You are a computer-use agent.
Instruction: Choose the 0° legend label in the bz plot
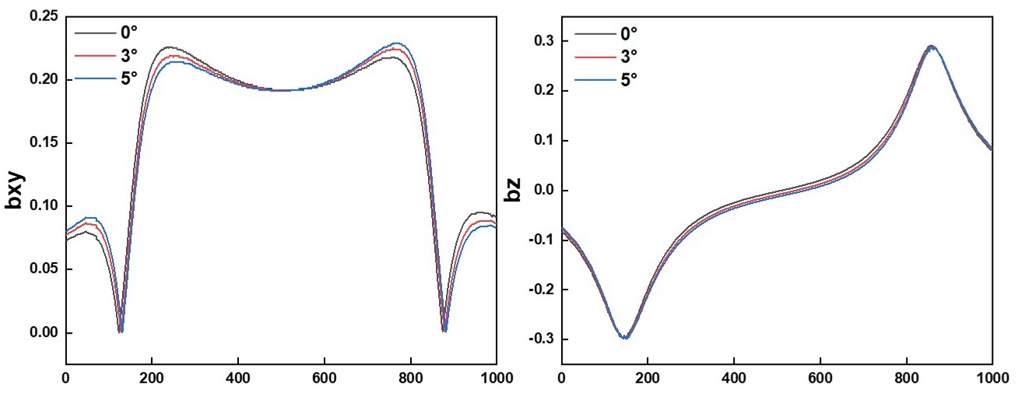coord(628,33)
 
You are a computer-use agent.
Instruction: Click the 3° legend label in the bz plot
coord(628,56)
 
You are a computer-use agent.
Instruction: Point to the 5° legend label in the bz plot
coord(628,79)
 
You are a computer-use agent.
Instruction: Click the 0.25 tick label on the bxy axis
coord(44,16)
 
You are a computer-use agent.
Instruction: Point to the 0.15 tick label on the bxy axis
coord(44,143)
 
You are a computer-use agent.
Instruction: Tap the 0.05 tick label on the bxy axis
coord(44,269)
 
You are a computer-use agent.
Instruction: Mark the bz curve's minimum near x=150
coord(625,338)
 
